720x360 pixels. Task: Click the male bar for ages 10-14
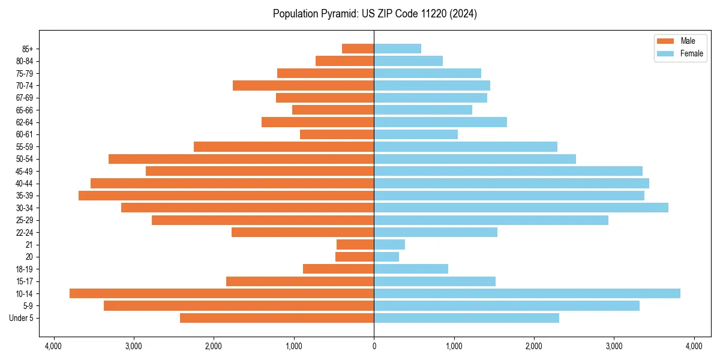point(221,293)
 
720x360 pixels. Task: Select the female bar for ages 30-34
point(521,208)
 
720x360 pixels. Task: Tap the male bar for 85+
point(358,49)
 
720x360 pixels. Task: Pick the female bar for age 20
point(386,257)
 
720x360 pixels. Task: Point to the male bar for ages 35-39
point(226,196)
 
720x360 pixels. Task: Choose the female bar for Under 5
point(466,318)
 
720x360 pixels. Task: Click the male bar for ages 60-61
point(337,134)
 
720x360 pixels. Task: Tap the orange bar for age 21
point(355,244)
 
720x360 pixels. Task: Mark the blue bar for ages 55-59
point(466,146)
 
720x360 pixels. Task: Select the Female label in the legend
point(691,53)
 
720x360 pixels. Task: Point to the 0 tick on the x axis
point(374,346)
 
